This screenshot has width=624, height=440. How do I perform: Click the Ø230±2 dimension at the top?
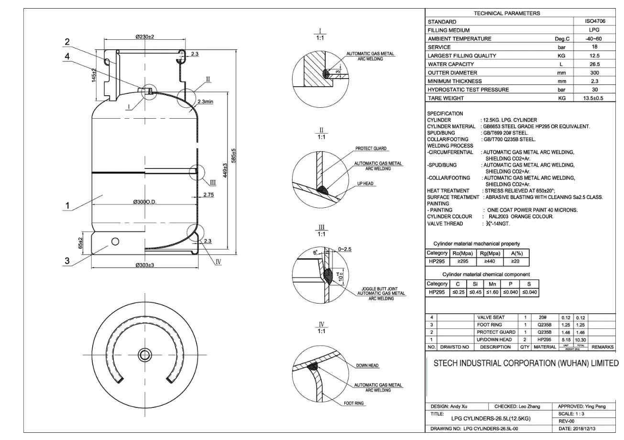[144, 37]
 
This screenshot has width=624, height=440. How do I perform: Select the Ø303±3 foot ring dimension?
[144, 265]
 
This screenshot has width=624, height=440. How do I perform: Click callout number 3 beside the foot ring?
[67, 261]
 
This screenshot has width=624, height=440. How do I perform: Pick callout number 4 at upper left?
[67, 56]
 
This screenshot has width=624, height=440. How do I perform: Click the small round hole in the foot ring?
[115, 241]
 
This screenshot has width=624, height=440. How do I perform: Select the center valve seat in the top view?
[144, 355]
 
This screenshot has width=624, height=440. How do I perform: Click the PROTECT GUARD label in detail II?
[371, 148]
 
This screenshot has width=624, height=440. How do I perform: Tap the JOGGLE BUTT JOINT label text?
[380, 289]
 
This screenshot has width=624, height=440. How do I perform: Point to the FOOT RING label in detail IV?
[354, 403]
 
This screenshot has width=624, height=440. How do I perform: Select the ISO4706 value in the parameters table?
[595, 22]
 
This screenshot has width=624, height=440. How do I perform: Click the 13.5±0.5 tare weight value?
[593, 98]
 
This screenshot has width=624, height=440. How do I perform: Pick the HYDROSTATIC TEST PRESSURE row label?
[461, 90]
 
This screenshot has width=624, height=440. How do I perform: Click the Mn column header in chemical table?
[492, 283]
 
